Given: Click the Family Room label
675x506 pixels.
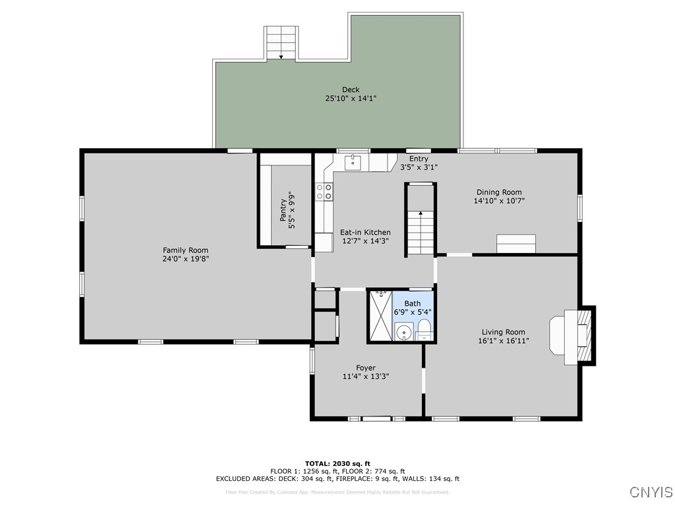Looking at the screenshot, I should coord(185,250).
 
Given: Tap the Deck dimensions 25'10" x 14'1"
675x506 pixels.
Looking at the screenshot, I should coord(351,98).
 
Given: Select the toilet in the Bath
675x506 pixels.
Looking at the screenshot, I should coord(424,329).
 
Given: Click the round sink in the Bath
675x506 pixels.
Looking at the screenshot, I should coord(403,332).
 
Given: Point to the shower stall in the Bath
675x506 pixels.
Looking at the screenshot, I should coord(380,316).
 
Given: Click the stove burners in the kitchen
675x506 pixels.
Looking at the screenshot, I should coord(324,192).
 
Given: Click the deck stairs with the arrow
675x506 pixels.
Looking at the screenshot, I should coord(281,43).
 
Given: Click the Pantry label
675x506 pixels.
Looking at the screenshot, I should coord(283,210).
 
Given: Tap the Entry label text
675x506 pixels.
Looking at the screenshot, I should coord(419,159).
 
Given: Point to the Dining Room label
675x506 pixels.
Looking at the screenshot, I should coord(499,192).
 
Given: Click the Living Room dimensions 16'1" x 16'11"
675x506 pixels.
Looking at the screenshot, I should coord(503,341).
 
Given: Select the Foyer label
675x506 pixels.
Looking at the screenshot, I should coord(366,368).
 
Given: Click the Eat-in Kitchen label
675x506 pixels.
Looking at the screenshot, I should coord(365,232).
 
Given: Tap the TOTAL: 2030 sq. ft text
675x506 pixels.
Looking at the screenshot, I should coord(337,463).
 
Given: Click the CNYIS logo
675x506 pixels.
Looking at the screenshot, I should coord(651,492).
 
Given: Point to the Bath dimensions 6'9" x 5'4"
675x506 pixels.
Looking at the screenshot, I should coord(412,312).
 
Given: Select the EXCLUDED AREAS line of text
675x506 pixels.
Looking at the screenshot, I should coord(337,479).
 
